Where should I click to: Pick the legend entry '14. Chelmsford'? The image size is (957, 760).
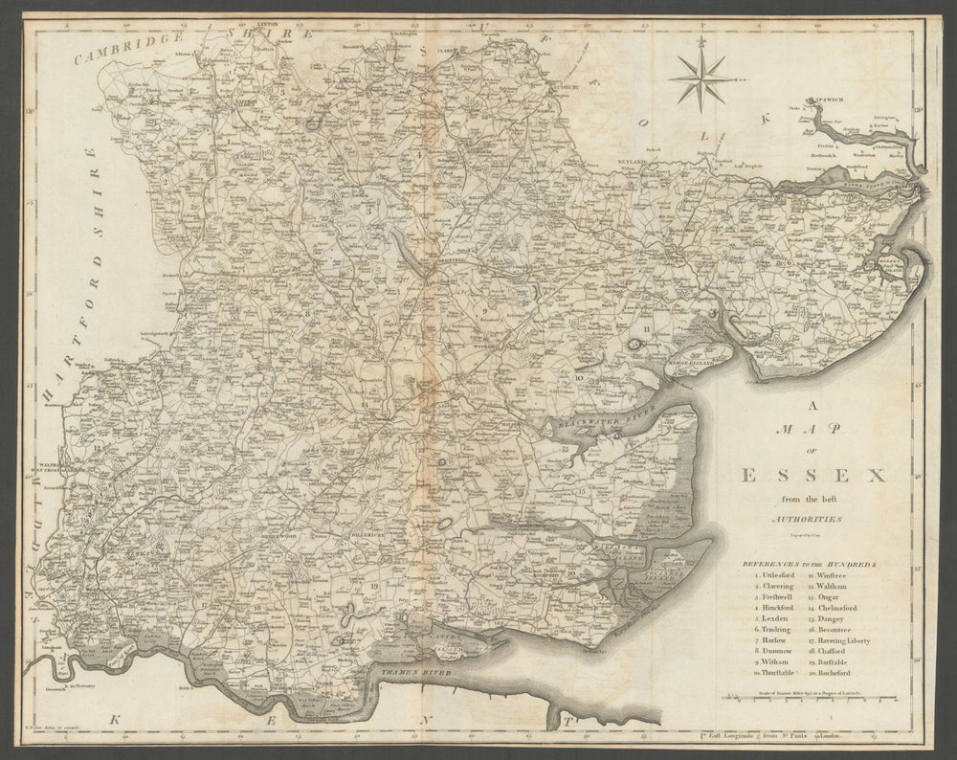point(839,607)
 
